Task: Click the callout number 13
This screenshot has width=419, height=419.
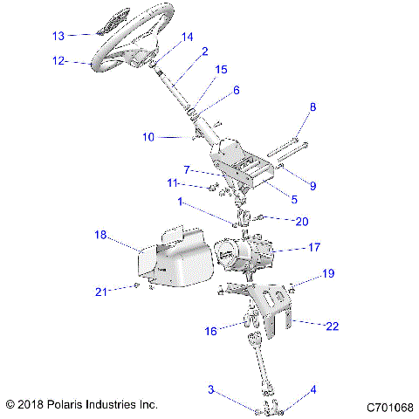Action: (58, 36)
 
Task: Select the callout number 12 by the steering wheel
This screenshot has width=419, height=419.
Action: (58, 61)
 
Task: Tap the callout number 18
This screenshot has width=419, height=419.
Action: (100, 236)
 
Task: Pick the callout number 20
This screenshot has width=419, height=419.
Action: (301, 220)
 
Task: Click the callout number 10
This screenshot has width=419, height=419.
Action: (148, 136)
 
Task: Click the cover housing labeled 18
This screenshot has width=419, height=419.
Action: (170, 262)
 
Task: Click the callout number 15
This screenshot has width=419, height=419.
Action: (222, 69)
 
